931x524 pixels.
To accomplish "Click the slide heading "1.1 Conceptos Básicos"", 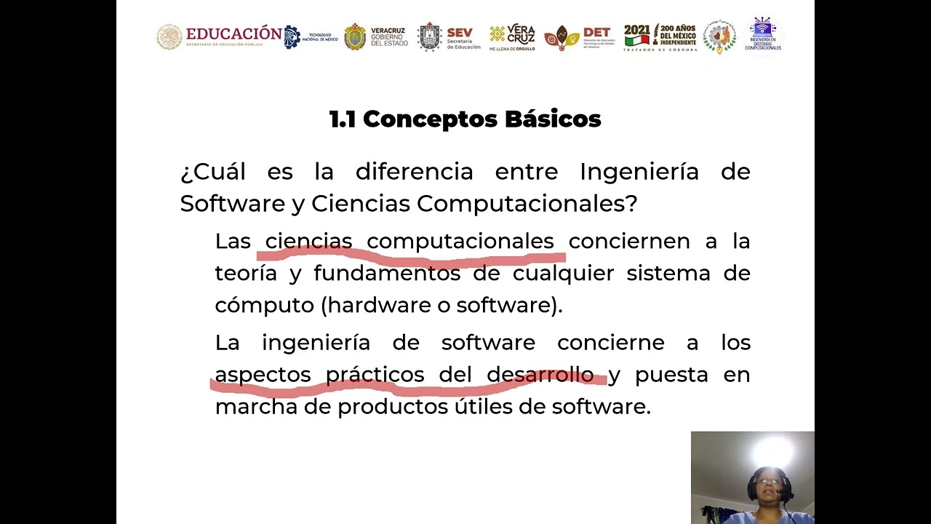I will point(465,119).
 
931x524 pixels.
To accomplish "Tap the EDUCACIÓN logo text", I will point(233,33).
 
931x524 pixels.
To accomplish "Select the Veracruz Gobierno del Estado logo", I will point(376,37).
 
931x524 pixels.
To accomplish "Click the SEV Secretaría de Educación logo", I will point(449,37).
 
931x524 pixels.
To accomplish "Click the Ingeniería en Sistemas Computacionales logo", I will point(763,35).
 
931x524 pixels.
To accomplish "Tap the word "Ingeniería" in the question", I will point(639,172).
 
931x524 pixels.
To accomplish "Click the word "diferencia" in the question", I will point(414,172).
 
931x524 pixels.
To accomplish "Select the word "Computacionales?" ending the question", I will point(527,205).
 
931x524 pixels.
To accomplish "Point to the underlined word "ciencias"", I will point(308,242).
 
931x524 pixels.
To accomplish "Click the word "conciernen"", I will point(629,242).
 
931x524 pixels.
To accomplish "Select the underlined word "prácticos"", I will point(375,375).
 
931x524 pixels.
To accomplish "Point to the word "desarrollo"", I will point(540,375).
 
